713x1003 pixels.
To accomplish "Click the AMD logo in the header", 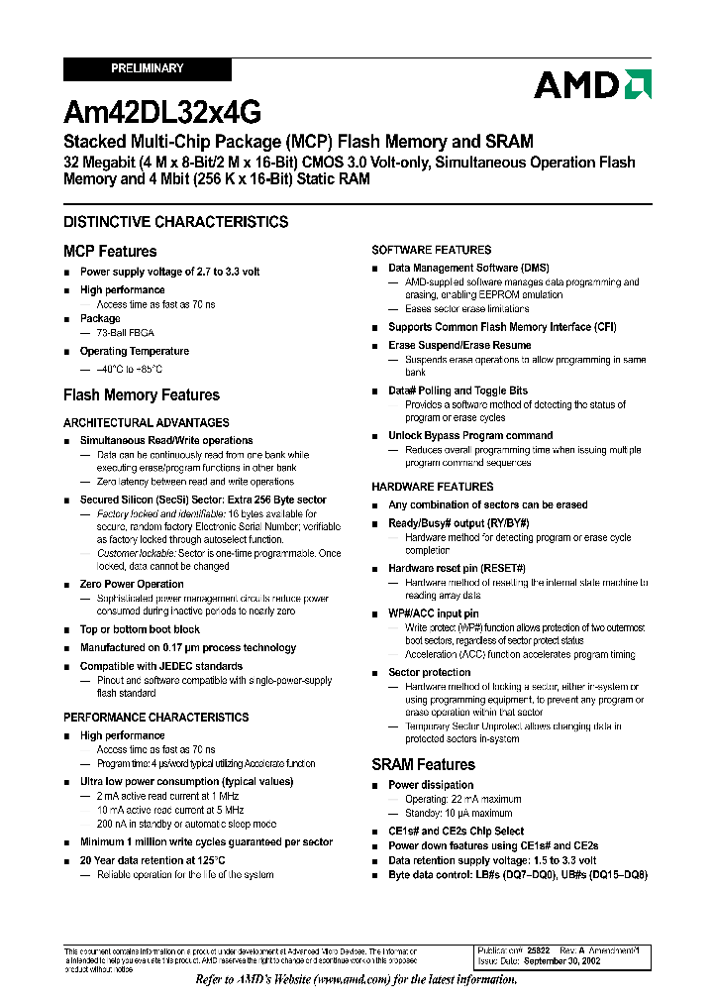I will (592, 84).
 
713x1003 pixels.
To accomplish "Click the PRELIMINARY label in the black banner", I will (147, 68).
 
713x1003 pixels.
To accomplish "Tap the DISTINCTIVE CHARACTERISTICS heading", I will (175, 222).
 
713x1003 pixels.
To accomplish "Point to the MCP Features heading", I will (110, 252).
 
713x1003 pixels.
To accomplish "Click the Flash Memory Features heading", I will (142, 395).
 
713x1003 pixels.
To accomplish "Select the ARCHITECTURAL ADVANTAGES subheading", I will (146, 423).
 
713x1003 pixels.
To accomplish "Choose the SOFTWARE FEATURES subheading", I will (431, 250).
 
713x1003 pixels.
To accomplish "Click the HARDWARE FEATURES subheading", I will (432, 487).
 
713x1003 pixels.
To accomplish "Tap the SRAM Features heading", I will (423, 765).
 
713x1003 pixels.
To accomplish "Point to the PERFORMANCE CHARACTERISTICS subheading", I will (156, 717).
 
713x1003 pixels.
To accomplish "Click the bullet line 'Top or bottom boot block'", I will (140, 629).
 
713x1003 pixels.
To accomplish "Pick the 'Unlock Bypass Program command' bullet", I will (470, 435).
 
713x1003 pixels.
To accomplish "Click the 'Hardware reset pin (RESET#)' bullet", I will (457, 569).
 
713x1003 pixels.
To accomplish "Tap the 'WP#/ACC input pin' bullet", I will (433, 613).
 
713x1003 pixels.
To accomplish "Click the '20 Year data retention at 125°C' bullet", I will (153, 860).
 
